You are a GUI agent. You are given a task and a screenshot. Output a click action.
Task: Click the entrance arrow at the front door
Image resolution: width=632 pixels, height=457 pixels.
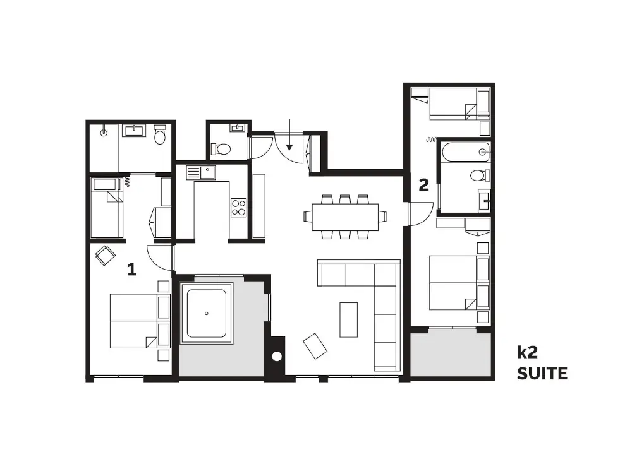pos(289,134)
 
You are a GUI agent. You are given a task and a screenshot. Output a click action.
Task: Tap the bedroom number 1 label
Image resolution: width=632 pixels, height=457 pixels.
pos(131,270)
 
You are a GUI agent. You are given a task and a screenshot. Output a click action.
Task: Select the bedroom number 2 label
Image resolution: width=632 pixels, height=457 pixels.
pos(423,185)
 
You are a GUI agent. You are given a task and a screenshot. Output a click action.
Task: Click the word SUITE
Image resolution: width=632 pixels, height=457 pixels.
pos(542,374)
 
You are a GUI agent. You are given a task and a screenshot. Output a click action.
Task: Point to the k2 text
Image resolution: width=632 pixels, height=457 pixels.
pos(527,352)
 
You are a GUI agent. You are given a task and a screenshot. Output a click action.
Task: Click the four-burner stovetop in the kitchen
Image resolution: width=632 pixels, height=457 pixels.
pos(238,208)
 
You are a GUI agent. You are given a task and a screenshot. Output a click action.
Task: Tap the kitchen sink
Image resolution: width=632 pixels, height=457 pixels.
pos(201,173)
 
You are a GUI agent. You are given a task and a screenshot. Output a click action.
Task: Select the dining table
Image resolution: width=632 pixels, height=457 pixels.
pos(345,217)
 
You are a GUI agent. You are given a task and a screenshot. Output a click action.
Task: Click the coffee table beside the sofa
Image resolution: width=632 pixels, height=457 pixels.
pos(349,319)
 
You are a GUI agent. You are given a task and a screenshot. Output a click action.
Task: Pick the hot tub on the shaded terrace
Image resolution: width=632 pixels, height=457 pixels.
pos(207,313)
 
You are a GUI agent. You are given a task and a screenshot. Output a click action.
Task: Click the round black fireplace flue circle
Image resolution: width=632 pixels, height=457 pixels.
pos(277,357)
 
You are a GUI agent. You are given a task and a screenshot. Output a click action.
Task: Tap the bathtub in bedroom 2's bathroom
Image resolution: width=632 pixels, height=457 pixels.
pos(466,151)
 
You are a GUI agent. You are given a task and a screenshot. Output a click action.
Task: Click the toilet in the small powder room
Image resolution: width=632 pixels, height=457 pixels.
pos(221,150)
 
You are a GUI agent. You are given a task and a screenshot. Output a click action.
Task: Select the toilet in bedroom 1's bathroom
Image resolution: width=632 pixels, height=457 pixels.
pos(160,134)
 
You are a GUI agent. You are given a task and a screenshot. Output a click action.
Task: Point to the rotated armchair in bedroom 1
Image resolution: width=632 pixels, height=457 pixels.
pos(105,255)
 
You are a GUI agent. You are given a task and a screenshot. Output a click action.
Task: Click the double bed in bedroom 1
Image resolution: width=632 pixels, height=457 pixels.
pos(140,321)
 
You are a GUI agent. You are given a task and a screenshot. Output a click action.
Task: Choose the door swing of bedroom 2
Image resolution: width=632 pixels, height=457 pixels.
pos(421,214)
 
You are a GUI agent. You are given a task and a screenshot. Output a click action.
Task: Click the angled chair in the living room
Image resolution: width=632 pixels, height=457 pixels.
pos(315,346)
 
